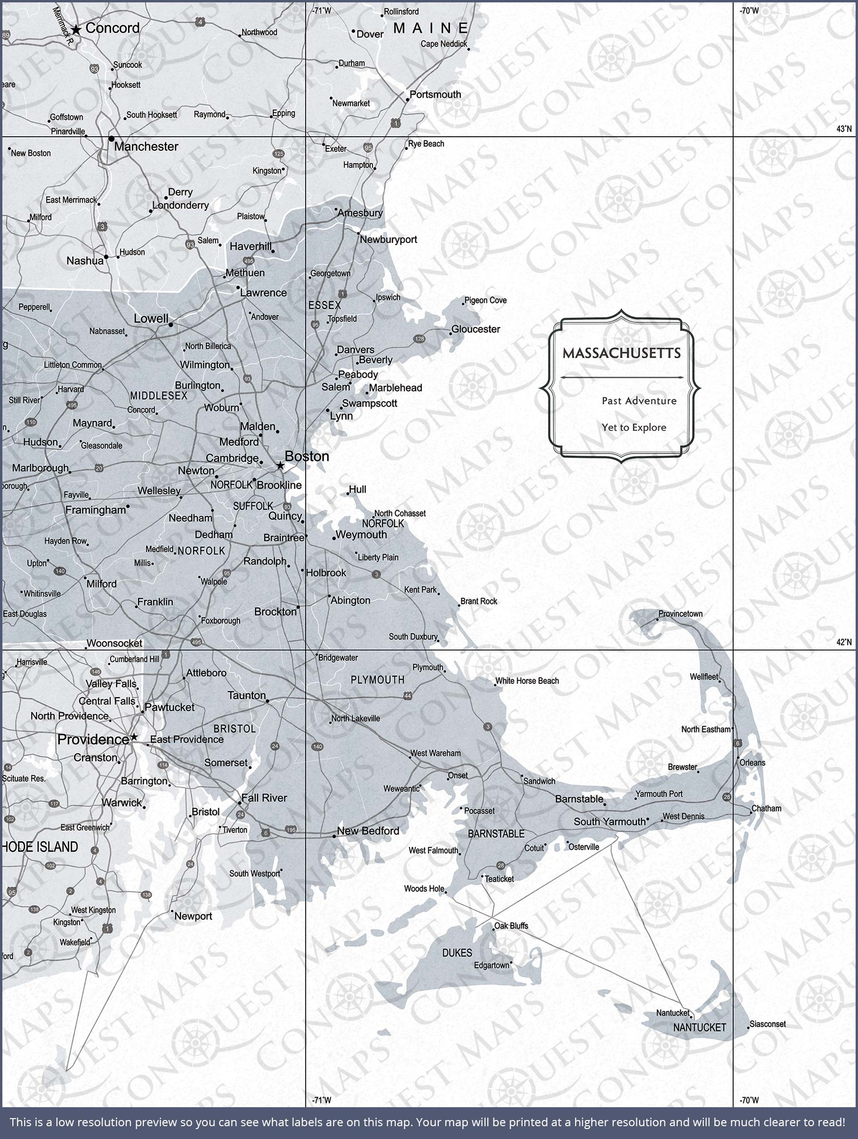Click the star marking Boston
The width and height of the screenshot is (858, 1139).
pos(280,466)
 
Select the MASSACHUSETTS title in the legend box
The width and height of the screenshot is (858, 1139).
pos(621,353)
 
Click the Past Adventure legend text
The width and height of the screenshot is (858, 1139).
pos(639,401)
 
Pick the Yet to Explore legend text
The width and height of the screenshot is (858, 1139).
pos(634,428)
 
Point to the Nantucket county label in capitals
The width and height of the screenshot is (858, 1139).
pos(699,1027)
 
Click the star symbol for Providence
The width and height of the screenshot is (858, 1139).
pos(134,738)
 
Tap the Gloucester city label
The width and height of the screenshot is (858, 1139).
pos(476,329)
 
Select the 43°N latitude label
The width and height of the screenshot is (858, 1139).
pos(844,129)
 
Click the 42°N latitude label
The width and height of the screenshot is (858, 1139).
pos(844,642)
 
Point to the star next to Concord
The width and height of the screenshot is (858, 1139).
pos(76,30)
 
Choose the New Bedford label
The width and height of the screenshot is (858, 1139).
pos(368,831)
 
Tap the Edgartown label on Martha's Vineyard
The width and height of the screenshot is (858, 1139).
pos(491,965)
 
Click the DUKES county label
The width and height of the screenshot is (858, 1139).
pos(457,953)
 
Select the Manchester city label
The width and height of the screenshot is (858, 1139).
pos(146,147)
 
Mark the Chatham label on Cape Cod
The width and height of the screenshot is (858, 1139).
pos(766,808)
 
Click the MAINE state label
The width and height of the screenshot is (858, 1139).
pos(430,28)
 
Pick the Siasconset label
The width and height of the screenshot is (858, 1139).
pos(767,1024)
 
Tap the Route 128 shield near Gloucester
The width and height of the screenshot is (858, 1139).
pos(419,339)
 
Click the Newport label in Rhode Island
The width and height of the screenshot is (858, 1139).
pos(193,916)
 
